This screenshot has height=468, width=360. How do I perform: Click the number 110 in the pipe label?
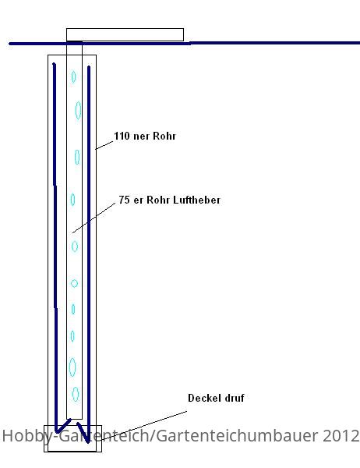pyautogui.click(x=122, y=136)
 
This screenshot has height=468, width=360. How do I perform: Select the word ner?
pyautogui.click(x=141, y=136)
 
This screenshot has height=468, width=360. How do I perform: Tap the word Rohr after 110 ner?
pyautogui.click(x=164, y=136)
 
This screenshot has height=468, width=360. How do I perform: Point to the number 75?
pyautogui.click(x=124, y=200)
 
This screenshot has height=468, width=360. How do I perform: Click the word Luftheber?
pyautogui.click(x=197, y=200)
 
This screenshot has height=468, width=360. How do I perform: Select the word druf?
pyautogui.click(x=235, y=398)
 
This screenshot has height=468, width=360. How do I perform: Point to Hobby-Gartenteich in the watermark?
pyautogui.click(x=76, y=436)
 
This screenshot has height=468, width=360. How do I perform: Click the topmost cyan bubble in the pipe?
pyautogui.click(x=73, y=76)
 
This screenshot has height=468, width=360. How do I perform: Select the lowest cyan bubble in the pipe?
pyautogui.click(x=76, y=394)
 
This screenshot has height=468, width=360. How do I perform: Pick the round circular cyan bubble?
pyautogui.click(x=74, y=283)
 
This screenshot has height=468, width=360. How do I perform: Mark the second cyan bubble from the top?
pyautogui.click(x=78, y=110)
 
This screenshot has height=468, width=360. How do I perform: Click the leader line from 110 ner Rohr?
pyautogui.click(x=104, y=145)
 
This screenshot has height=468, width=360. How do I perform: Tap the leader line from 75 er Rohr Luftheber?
pyautogui.click(x=94, y=218)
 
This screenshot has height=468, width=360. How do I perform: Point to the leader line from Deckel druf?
pyautogui.click(x=143, y=426)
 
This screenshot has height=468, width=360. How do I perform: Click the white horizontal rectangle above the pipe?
pyautogui.click(x=125, y=34)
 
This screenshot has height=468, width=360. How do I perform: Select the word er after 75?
pyautogui.click(x=138, y=200)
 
